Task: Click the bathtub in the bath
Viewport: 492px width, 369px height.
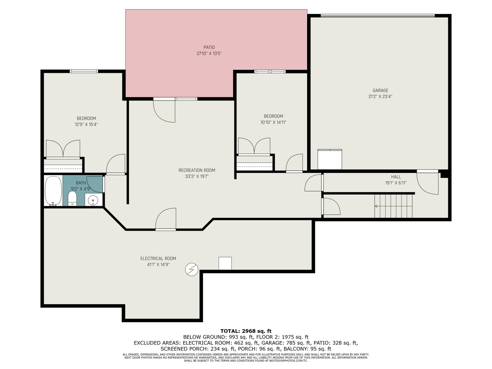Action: [x=53, y=191]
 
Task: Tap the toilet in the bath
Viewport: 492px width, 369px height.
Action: [x=72, y=198]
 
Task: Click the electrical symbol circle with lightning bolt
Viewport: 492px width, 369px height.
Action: [x=192, y=269]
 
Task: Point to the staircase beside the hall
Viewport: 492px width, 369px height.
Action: [x=393, y=206]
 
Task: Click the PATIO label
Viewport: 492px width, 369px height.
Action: [x=209, y=47]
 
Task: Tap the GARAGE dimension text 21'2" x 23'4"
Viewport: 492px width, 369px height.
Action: [x=380, y=97]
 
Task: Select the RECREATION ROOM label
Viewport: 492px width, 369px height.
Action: [x=197, y=170]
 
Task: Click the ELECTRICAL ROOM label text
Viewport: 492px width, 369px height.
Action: [x=158, y=258]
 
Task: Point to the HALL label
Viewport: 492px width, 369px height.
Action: [x=396, y=177]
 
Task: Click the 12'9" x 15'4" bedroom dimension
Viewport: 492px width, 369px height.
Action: [x=86, y=124]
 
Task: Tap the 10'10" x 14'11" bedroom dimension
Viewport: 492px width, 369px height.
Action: [x=273, y=122]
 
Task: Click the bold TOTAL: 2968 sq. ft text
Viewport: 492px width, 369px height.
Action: [x=246, y=331]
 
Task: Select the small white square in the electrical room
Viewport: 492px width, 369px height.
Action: [x=225, y=263]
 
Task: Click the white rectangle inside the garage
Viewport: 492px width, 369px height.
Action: [x=330, y=159]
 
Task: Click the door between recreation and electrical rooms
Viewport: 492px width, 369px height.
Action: [x=166, y=219]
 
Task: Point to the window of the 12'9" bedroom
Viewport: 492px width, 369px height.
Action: [x=84, y=71]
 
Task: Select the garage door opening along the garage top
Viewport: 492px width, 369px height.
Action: [x=378, y=16]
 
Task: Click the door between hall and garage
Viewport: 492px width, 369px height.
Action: [x=427, y=182]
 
